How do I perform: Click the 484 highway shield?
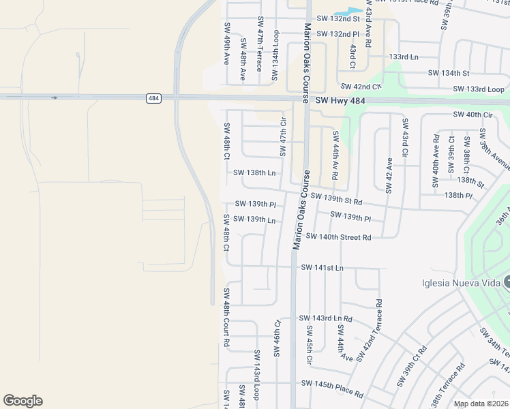[153, 99]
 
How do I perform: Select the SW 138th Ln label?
[254, 174]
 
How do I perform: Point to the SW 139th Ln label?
[254, 219]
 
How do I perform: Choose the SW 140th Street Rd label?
[339, 237]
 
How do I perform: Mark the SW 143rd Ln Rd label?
[326, 319]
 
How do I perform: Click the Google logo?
[22, 401]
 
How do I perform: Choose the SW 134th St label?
[449, 73]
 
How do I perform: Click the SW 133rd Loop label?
[479, 89]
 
